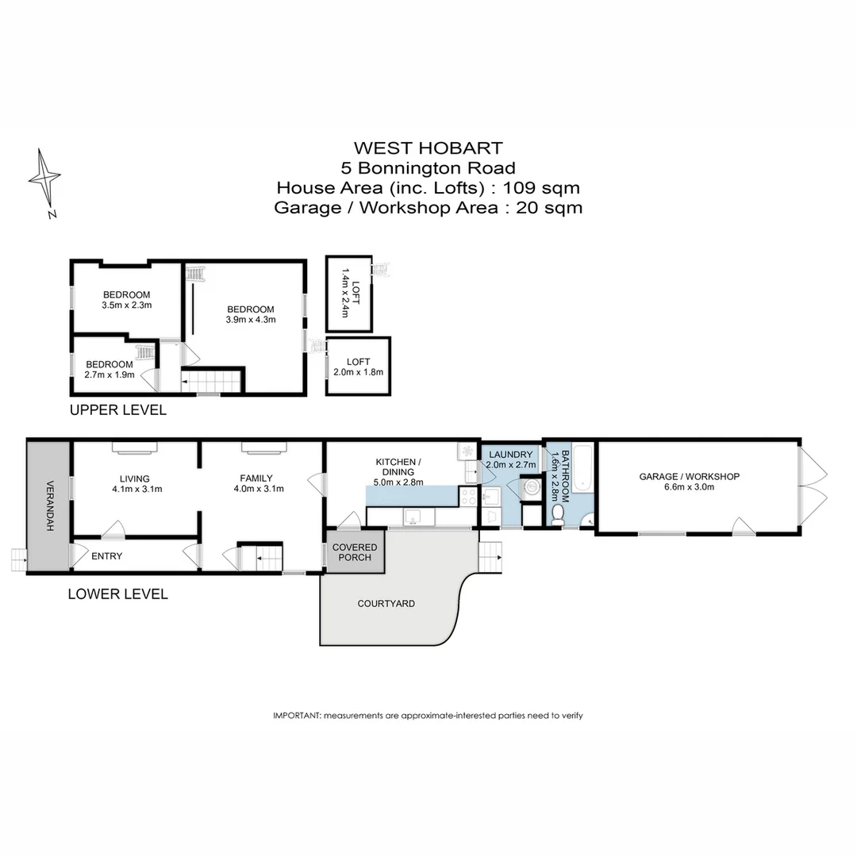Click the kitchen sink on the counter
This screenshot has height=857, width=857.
[412, 517]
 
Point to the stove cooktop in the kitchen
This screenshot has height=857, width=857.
[468, 498]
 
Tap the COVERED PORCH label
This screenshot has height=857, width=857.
[355, 552]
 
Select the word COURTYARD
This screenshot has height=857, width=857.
[386, 604]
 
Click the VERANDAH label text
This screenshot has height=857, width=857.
[50, 505]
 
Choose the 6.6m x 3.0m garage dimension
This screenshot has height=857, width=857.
[689, 487]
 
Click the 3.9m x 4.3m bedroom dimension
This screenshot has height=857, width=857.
[251, 320]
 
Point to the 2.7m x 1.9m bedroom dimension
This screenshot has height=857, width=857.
[110, 375]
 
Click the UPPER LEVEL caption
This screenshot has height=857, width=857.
[118, 410]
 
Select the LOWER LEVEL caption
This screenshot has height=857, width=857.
[117, 594]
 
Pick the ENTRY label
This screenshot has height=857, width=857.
[106, 556]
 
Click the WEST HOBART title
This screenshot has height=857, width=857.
[428, 148]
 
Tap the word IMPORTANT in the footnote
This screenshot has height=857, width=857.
[296, 715]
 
